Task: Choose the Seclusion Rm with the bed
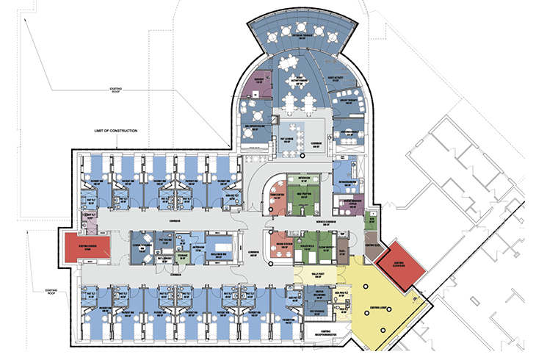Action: coord(220,245)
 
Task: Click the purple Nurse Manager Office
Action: coord(348,202)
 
